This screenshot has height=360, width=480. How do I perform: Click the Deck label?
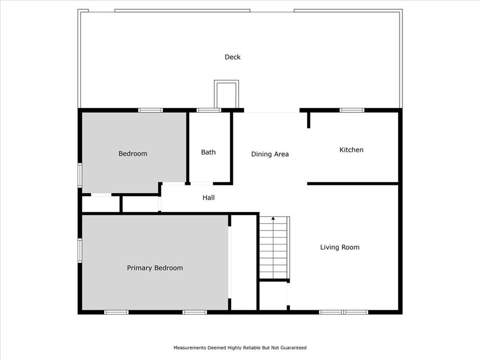(x=232, y=57)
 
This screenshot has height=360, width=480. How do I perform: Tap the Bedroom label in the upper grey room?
(x=133, y=154)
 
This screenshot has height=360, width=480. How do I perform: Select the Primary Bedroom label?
(x=155, y=268)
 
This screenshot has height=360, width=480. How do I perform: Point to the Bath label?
(x=209, y=152)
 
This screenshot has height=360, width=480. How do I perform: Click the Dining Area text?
(x=270, y=154)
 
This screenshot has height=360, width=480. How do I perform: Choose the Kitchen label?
(x=352, y=150)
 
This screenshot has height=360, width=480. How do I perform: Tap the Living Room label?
(x=340, y=247)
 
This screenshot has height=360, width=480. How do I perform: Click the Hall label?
(x=209, y=198)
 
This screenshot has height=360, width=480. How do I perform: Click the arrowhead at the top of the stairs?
(x=273, y=218)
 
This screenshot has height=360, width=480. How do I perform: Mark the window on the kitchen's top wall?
(x=352, y=110)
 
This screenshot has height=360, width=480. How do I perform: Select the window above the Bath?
(x=209, y=110)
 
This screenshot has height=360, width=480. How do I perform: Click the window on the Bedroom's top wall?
(x=150, y=110)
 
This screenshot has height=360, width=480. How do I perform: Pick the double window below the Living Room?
(x=344, y=312)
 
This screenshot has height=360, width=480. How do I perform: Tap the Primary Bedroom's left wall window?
(x=80, y=251)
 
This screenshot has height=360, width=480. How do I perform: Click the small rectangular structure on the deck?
(x=226, y=94)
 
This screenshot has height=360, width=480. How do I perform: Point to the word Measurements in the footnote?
(x=190, y=348)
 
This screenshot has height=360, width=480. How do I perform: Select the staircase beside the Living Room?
(x=274, y=247)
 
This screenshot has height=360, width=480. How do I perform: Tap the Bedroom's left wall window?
(x=80, y=175)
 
